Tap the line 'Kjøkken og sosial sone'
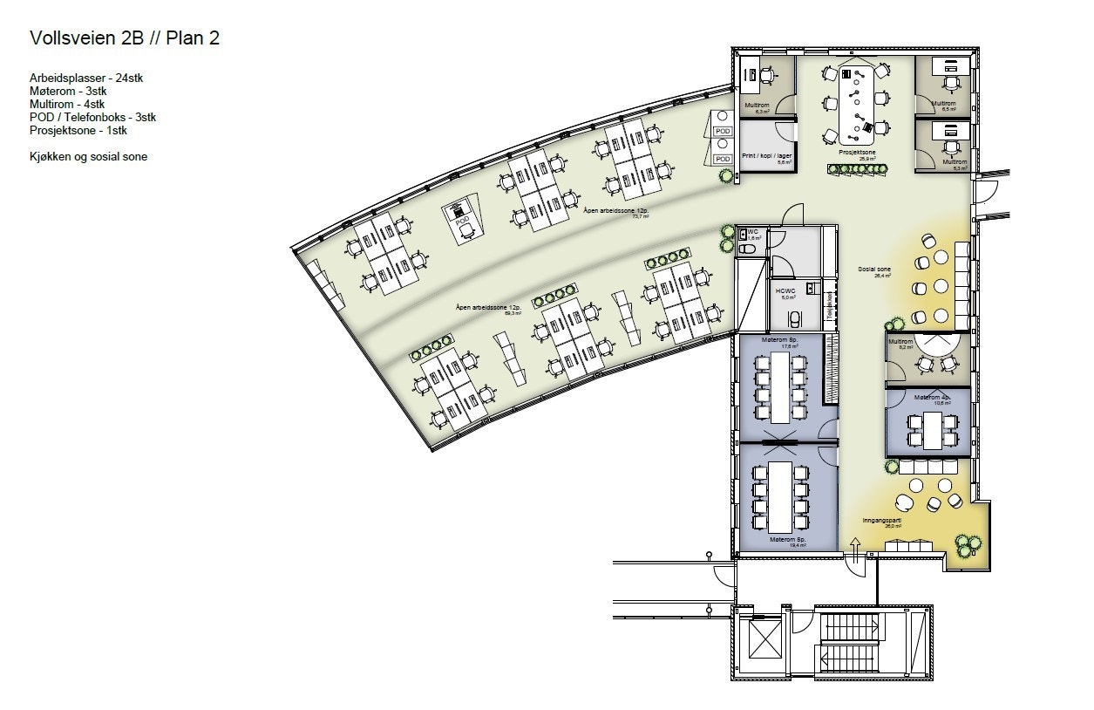pos(88,157)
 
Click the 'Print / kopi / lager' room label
pos(766,155)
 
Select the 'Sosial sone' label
pos(873,270)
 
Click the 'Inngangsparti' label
pos(880,521)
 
